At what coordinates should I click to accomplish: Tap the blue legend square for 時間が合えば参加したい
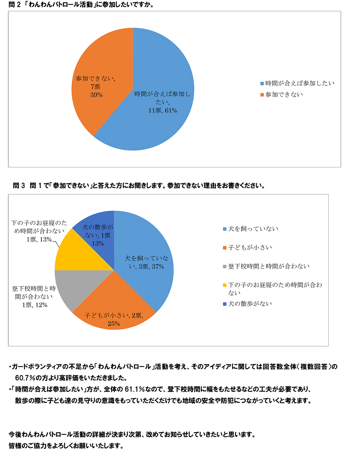(262, 84)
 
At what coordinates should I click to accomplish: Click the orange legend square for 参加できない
(262, 95)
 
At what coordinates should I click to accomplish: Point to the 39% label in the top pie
(96, 95)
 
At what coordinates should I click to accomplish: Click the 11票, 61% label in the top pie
(163, 111)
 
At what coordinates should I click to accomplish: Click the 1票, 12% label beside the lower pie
(35, 305)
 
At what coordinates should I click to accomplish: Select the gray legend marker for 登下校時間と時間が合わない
(225, 267)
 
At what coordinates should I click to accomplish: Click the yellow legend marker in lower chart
(225, 285)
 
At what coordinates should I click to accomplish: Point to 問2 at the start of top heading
(14, 5)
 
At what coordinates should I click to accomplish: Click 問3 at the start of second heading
(19, 186)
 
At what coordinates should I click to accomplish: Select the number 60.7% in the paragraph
(25, 378)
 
